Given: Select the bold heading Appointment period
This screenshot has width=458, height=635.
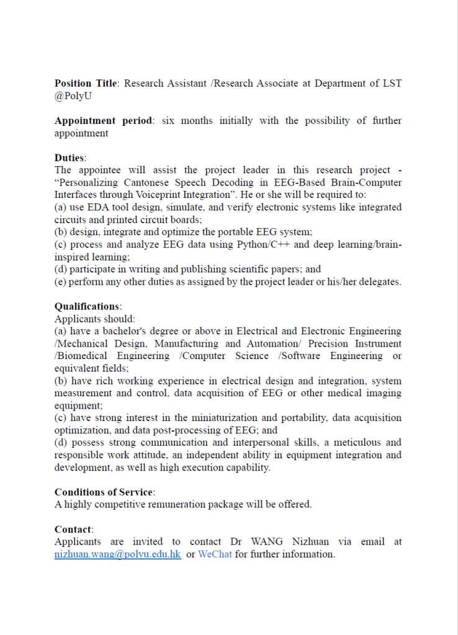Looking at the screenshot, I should pyautogui.click(x=102, y=120).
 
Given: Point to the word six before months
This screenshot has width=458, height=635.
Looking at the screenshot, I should pyautogui.click(x=169, y=120).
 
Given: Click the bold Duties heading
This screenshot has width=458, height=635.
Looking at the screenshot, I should pyautogui.click(x=70, y=158).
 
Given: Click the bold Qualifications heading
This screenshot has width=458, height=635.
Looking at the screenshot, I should pyautogui.click(x=88, y=306).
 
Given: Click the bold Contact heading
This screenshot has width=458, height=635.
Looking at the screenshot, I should pyautogui.click(x=73, y=530).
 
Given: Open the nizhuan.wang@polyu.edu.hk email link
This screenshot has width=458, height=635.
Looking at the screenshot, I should pyautogui.click(x=118, y=554).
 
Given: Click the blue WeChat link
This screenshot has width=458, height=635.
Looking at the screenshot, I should pyautogui.click(x=215, y=554).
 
